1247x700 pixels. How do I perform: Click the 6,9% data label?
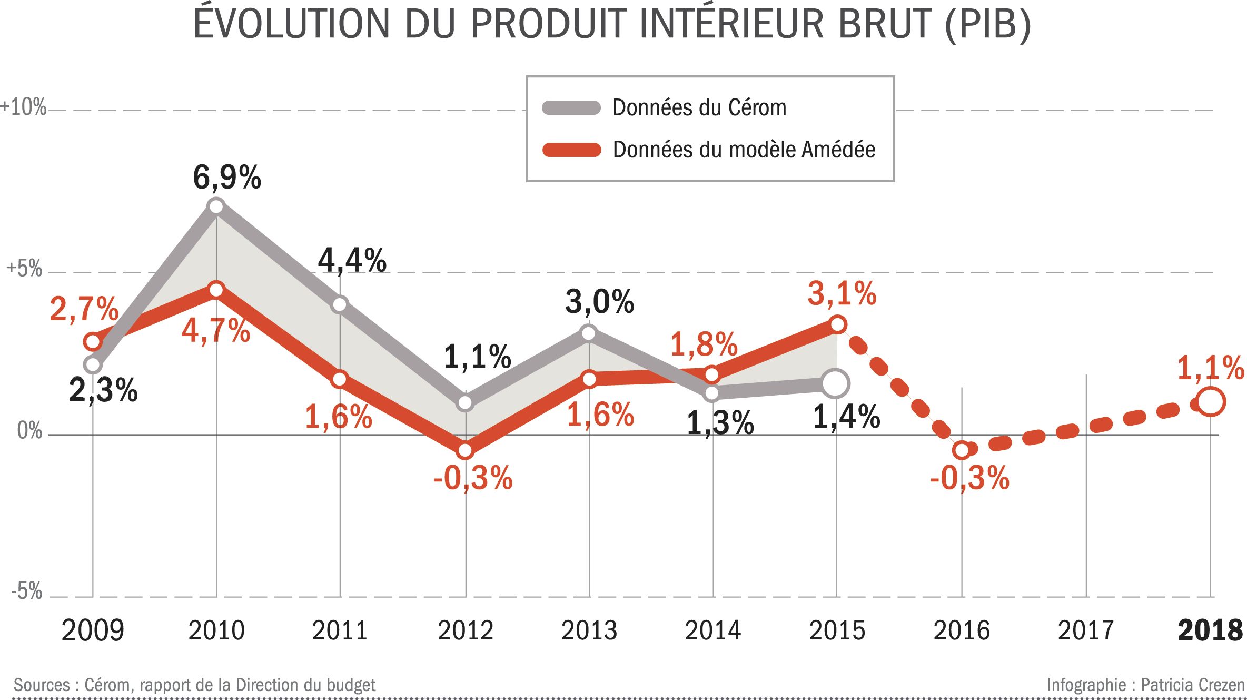click(227, 178)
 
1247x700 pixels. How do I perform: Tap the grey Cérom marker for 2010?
click(216, 206)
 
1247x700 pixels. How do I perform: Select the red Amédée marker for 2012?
click(465, 450)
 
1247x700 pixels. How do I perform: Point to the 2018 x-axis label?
click(1210, 630)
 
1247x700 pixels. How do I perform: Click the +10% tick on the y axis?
click(24, 107)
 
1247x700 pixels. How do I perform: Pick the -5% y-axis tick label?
click(26, 591)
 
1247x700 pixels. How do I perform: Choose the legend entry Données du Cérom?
click(699, 108)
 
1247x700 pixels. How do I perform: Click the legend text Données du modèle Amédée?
click(744, 150)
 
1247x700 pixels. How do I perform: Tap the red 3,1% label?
click(842, 293)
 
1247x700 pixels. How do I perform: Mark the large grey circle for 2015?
click(835, 383)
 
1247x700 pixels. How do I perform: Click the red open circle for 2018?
click(1211, 402)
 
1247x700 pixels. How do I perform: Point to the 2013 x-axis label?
click(589, 630)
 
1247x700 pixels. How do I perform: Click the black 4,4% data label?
click(352, 261)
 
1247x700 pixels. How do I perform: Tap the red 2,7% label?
click(84, 309)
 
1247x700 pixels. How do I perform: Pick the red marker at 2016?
click(962, 450)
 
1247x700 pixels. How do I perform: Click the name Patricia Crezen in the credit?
click(1192, 685)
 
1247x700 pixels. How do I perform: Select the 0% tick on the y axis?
click(29, 431)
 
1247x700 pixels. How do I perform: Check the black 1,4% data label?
click(846, 417)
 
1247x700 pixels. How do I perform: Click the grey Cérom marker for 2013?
click(589, 333)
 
